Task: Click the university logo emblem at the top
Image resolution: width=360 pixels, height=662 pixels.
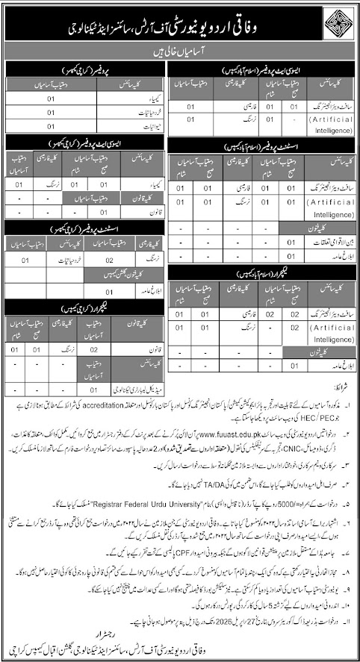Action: [329, 22]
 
